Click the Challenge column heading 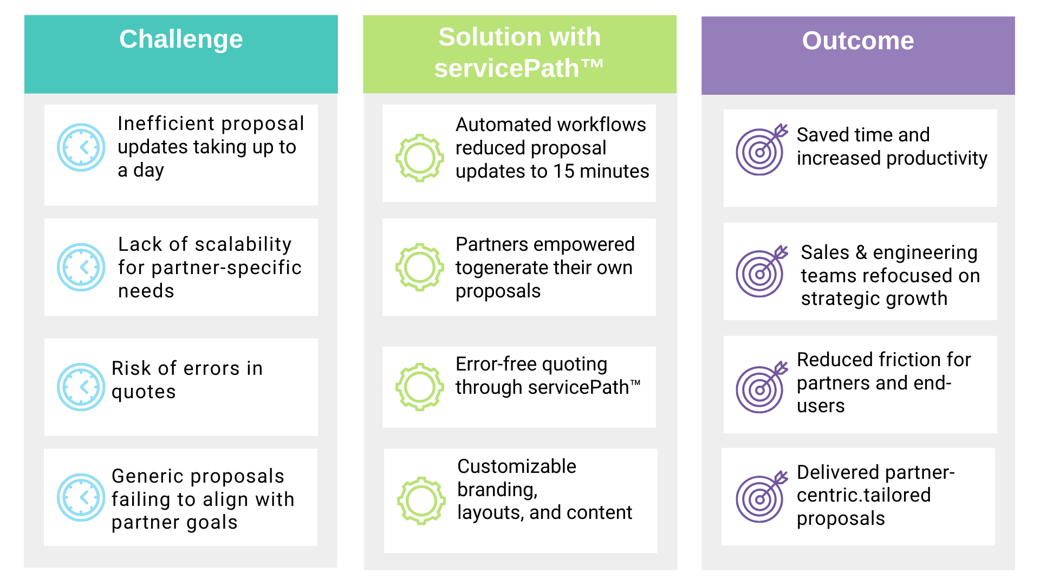point(181,39)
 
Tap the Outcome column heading point(858,41)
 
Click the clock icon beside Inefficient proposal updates point(81,147)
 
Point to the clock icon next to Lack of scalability point(81,267)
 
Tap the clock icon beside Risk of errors point(81,387)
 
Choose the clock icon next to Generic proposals point(81,497)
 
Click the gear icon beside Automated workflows point(420,158)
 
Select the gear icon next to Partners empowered point(420,267)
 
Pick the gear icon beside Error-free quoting point(420,387)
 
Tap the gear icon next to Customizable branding point(421,500)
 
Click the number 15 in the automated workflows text point(563,171)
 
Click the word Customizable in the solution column point(517,466)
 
